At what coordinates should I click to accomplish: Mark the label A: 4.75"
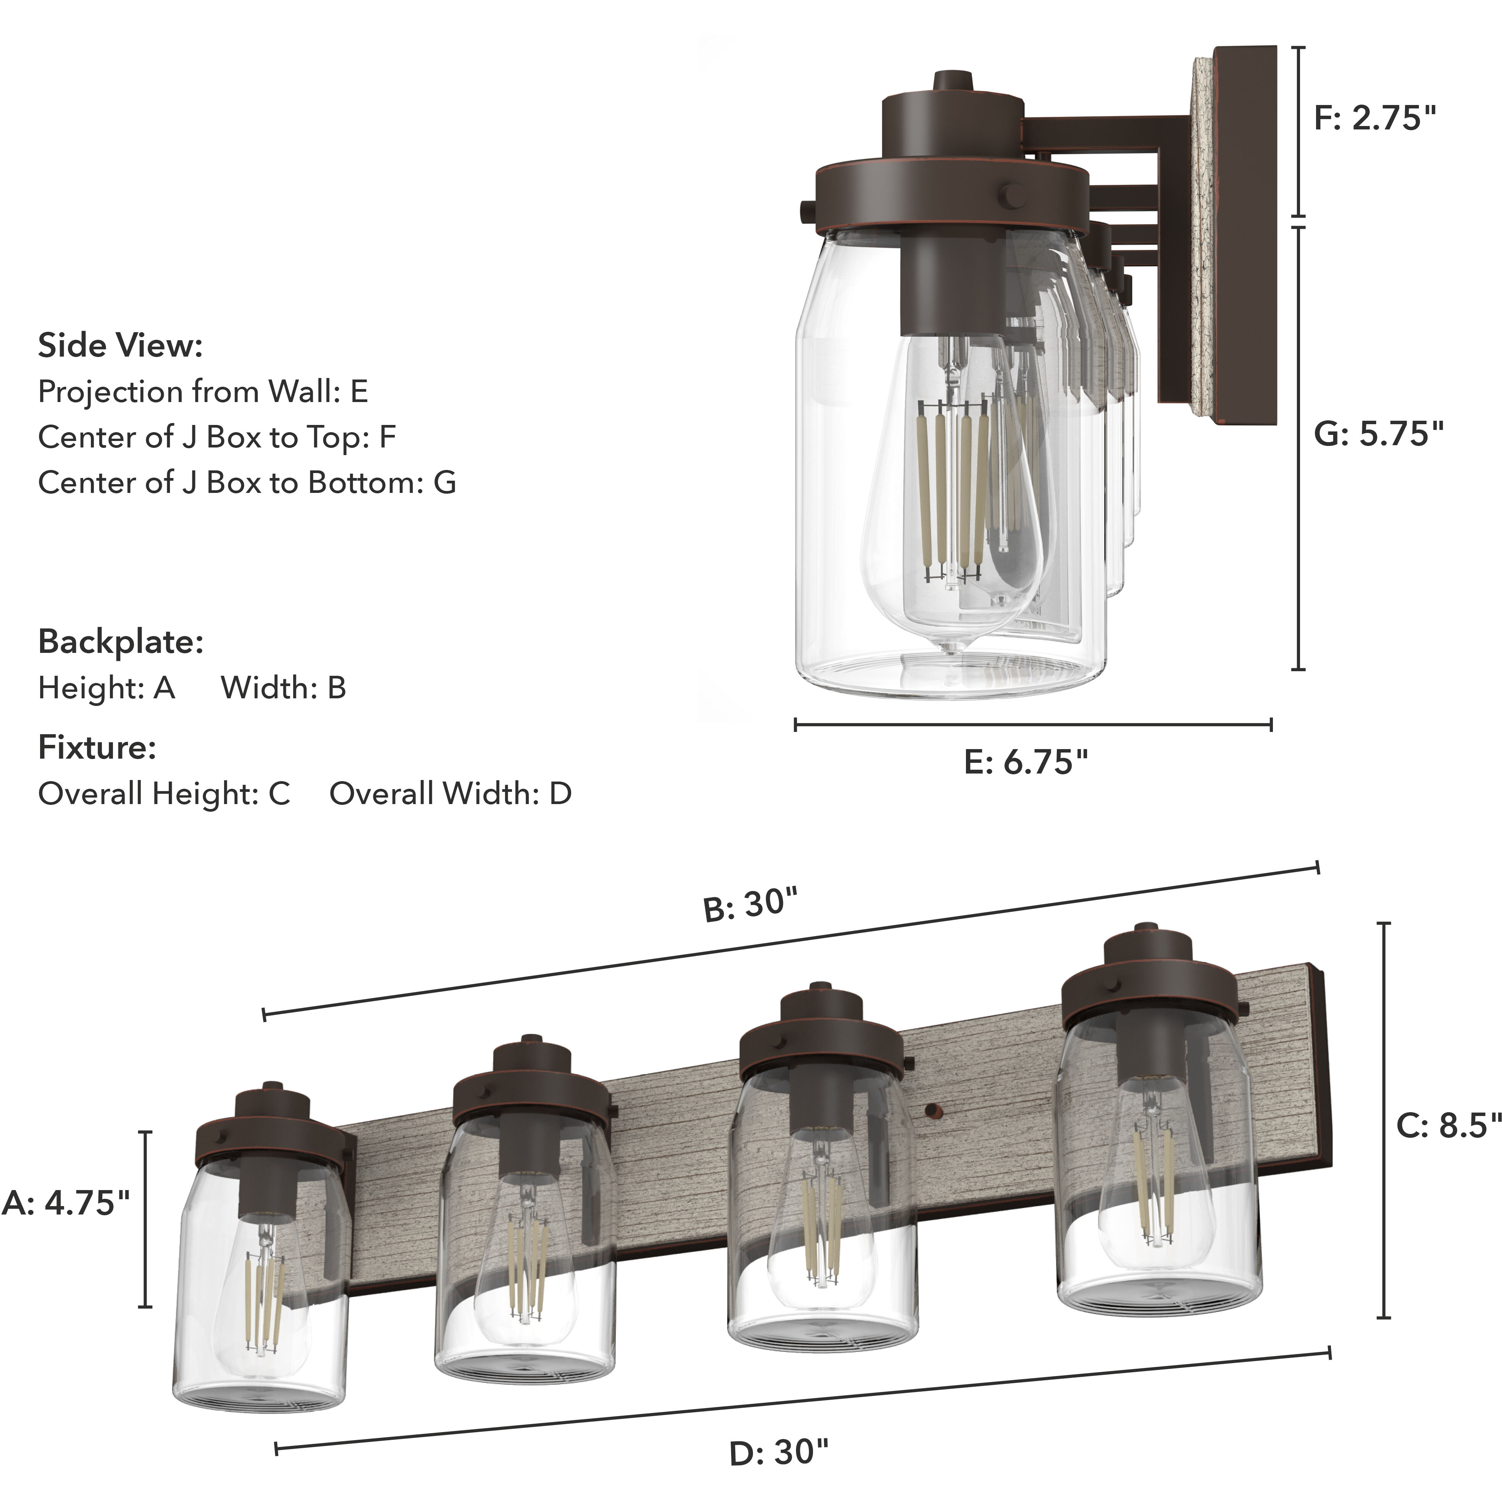pos(66,1203)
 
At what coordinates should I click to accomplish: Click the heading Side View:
pos(121,346)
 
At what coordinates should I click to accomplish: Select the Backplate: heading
pos(121,642)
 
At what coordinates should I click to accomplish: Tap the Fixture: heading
pos(97,748)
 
